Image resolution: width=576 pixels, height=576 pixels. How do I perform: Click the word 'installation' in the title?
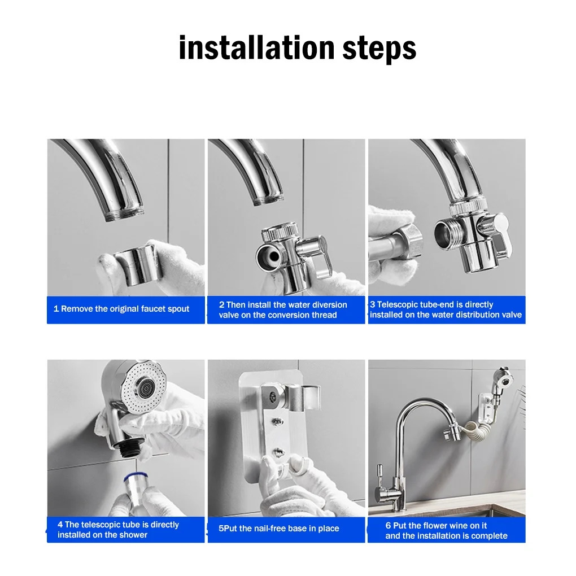pos(257,48)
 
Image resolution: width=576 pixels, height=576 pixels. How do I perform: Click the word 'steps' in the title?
pos(379,49)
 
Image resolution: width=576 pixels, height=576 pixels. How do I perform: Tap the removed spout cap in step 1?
pos(135,265)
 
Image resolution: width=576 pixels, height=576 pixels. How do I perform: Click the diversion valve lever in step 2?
pos(319,254)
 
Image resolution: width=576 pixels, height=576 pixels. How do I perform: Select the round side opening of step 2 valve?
pos(268,254)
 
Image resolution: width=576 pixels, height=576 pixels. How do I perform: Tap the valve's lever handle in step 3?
pos(500,234)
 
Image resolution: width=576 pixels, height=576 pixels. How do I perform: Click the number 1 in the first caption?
pos(56,308)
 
